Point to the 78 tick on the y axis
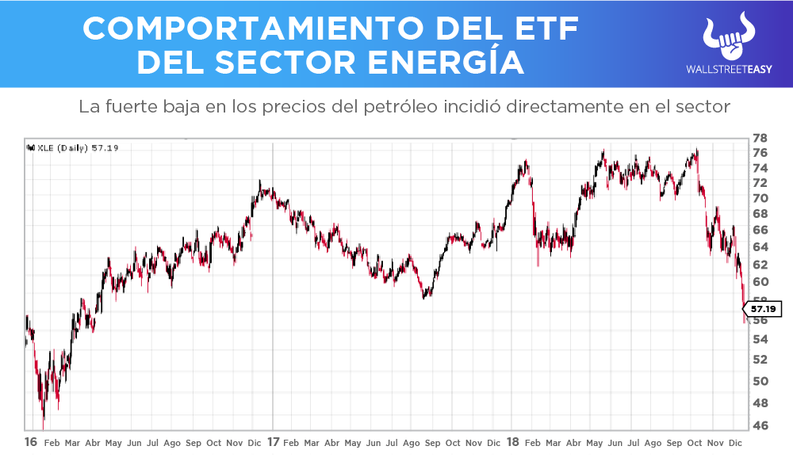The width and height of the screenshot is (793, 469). (x=759, y=137)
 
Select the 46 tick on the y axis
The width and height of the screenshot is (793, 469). (x=759, y=425)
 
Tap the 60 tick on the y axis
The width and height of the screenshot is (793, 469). (x=759, y=282)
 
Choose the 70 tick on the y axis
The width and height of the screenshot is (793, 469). (x=759, y=198)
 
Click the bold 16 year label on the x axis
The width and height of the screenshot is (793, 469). (x=30, y=442)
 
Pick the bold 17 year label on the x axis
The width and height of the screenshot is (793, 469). (x=274, y=442)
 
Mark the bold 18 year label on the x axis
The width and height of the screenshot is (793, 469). (x=513, y=442)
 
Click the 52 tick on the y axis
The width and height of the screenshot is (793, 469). (x=759, y=359)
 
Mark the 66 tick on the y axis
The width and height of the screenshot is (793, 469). (x=759, y=230)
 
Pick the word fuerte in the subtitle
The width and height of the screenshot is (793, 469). (x=129, y=106)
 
